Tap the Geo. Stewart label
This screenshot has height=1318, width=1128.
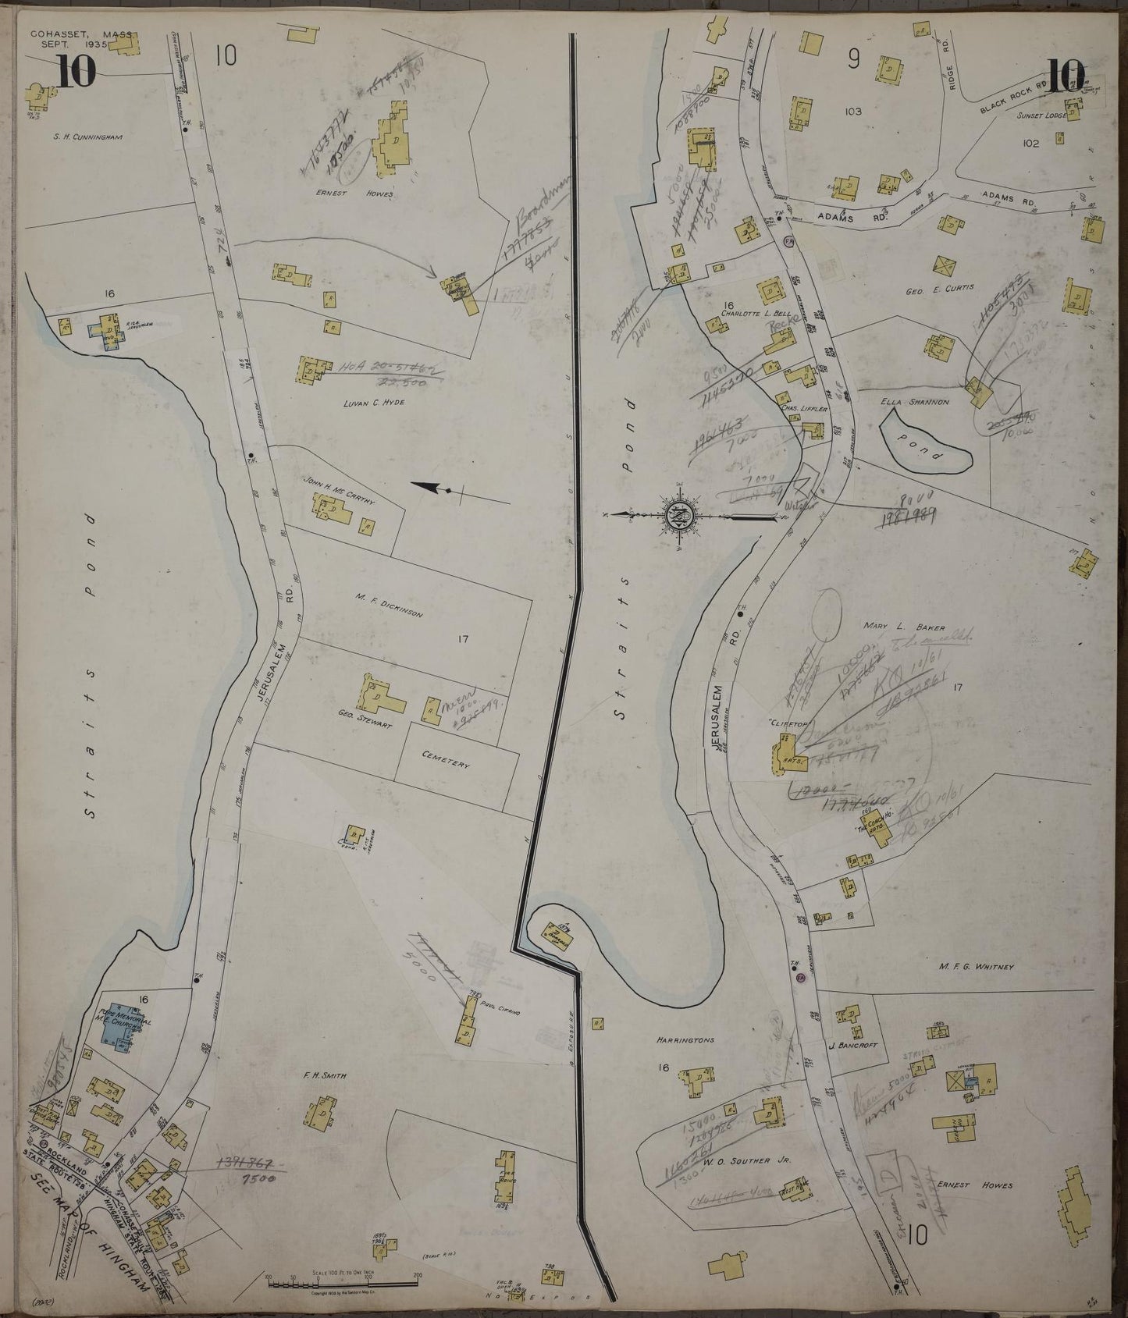pos(364,725)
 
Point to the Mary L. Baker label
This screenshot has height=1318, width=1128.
pos(904,627)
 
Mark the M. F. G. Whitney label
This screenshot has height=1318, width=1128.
pos(976,968)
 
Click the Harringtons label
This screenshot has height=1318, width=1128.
pos(687,1040)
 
